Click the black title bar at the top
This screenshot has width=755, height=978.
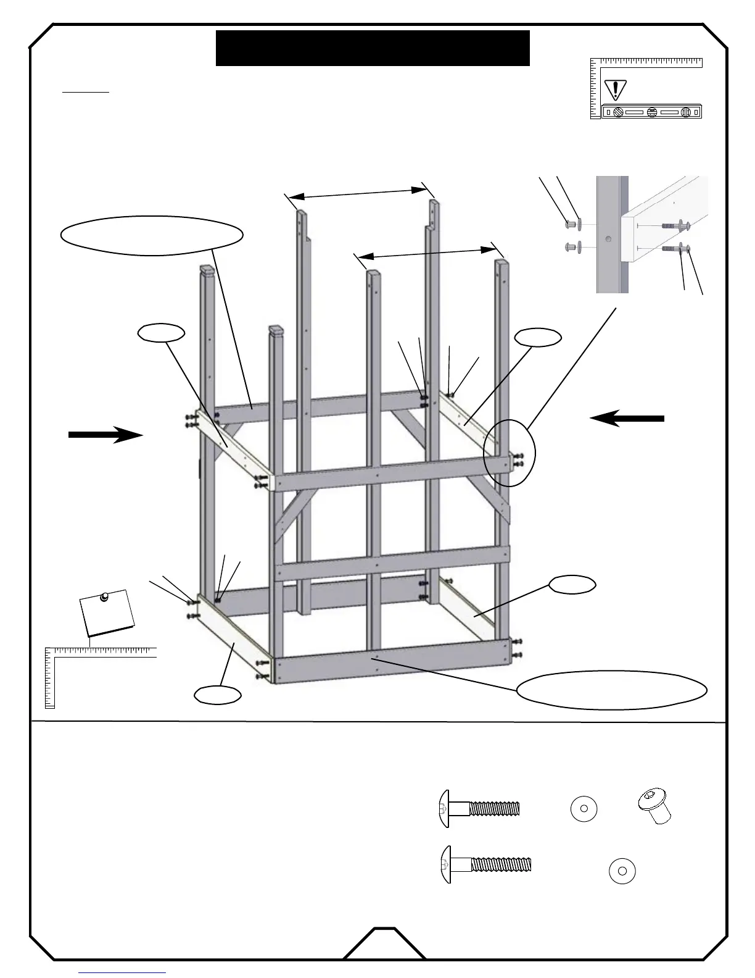point(373,48)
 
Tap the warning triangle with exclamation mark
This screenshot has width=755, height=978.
point(615,90)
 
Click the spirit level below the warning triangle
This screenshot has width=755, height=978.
point(652,112)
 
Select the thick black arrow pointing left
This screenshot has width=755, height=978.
point(627,419)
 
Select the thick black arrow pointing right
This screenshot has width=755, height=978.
point(105,435)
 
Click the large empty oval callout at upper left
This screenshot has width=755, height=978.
point(152,235)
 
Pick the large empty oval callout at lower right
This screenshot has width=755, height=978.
point(611,690)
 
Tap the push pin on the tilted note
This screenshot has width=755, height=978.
point(104,596)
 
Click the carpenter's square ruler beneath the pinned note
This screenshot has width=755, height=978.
point(99,654)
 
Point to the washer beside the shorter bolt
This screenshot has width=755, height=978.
point(584,809)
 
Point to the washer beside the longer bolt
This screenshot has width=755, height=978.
point(622,871)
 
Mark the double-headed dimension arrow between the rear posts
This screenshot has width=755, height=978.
point(358,193)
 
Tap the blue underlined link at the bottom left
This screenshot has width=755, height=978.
point(122,973)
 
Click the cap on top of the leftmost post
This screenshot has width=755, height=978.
point(207,269)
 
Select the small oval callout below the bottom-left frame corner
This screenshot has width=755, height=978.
point(217,695)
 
